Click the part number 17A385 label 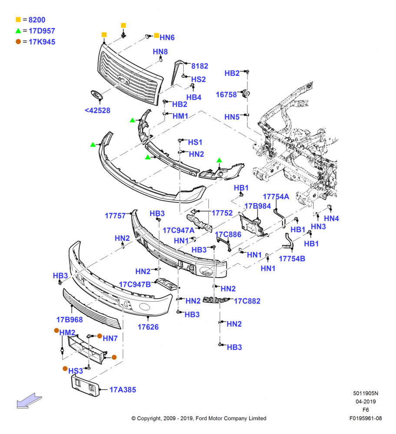(123, 390)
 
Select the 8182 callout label (200, 66)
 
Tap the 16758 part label (226, 95)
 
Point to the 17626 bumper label (148, 327)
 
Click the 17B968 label (69, 320)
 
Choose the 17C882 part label (247, 301)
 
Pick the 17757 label (115, 216)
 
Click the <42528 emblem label (97, 110)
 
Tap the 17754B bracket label (292, 259)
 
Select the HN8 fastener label (160, 52)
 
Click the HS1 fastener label (195, 142)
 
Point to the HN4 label (331, 218)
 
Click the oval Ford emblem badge (97, 95)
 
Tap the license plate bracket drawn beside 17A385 (86, 385)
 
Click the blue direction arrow (29, 401)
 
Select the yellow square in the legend (18, 20)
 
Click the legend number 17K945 (42, 42)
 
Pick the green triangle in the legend (18, 31)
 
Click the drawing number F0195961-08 (366, 418)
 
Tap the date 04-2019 (366, 401)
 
